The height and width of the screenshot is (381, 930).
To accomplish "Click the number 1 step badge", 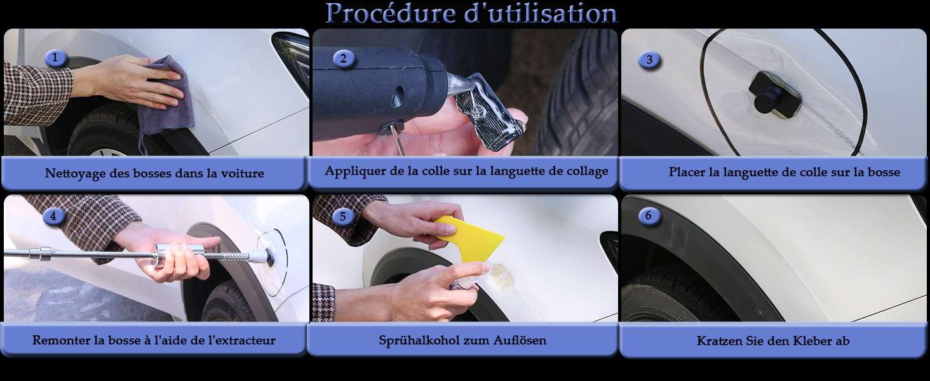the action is pyautogui.click(x=55, y=58).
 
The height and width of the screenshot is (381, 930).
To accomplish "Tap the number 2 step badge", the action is pyautogui.click(x=344, y=58).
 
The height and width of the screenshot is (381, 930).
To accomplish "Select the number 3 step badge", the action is pyautogui.click(x=649, y=60).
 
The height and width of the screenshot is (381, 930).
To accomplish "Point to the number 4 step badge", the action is pyautogui.click(x=53, y=217).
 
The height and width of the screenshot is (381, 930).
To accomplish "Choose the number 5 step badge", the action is pyautogui.click(x=342, y=217).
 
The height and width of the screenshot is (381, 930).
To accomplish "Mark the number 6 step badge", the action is pyautogui.click(x=649, y=215).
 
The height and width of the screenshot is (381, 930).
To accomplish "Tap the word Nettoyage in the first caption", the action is pyautogui.click(x=75, y=173).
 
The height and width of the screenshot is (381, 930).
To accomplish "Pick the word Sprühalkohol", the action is pyautogui.click(x=419, y=341).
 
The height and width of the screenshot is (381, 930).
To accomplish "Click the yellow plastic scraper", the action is pyautogui.click(x=469, y=239).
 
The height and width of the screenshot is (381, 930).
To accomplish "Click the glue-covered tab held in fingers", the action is pyautogui.click(x=490, y=112).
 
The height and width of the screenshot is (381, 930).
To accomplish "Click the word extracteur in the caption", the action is pyautogui.click(x=241, y=340).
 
